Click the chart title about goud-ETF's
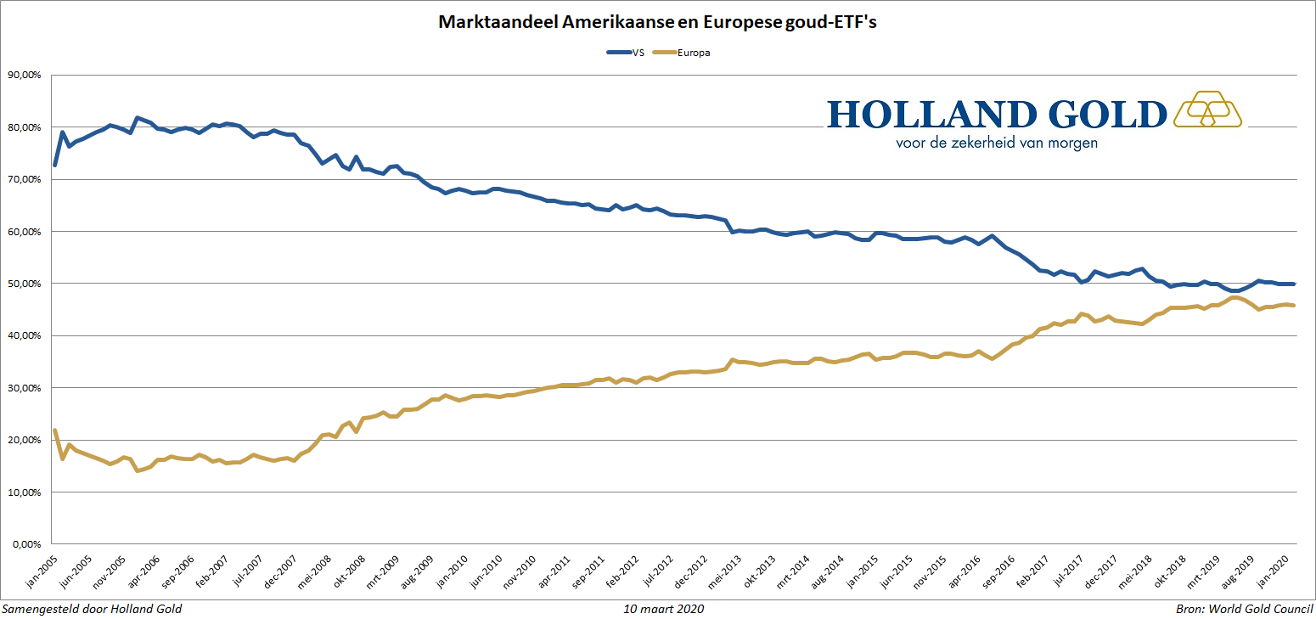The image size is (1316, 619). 656,23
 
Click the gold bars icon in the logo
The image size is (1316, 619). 1207,109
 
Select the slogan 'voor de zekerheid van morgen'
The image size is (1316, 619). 997,143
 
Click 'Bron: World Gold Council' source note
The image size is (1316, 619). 1244,609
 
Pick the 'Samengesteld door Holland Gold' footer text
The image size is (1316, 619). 92,609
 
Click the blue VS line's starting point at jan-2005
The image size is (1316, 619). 54,165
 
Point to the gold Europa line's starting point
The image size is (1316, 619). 54,430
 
